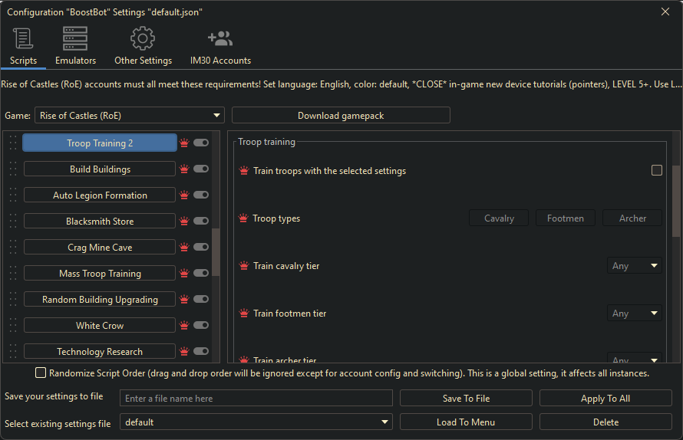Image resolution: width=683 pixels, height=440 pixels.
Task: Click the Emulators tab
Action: pos(75,46)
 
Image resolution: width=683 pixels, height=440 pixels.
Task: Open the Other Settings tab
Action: pos(143,46)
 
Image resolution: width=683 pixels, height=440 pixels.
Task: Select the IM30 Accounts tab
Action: pos(220,46)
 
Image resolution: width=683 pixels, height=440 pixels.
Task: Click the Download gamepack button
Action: pos(341,116)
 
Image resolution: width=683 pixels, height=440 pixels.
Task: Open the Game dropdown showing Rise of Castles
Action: pos(130,116)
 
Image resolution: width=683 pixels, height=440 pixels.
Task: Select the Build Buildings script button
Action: pos(100,169)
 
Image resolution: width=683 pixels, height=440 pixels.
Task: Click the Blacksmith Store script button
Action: pos(100,222)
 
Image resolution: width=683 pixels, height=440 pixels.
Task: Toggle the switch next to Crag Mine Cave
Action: pos(201,247)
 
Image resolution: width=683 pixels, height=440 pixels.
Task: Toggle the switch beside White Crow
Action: pos(201,325)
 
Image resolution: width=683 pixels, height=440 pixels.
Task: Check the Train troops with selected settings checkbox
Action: pos(657,170)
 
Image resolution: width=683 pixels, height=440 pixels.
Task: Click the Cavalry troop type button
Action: pos(499,218)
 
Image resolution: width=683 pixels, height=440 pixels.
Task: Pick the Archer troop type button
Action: pos(632,218)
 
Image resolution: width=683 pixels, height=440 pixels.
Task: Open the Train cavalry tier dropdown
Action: pos(635,266)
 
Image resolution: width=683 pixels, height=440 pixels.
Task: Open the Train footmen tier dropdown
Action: pos(635,314)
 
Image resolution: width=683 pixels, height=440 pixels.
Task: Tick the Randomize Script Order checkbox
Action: pos(41,373)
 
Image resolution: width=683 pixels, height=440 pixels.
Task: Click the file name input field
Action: pos(256,399)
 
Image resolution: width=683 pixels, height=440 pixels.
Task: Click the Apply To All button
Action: pos(605,399)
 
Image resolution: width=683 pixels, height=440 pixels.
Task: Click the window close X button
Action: pos(665,11)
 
